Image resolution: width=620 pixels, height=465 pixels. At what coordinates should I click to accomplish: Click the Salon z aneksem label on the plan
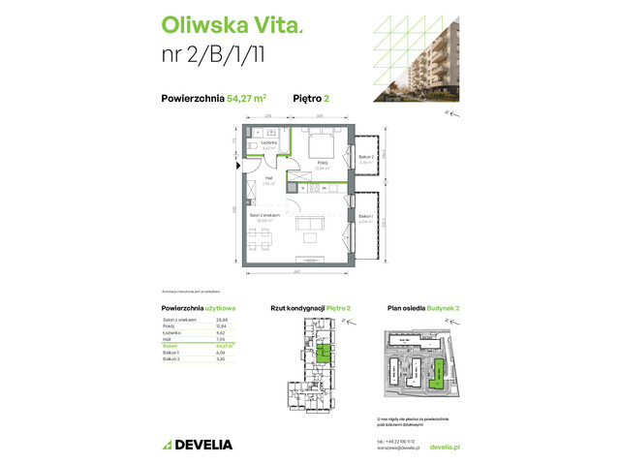click(x=263, y=216)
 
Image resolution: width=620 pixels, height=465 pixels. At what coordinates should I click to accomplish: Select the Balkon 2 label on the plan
click(x=367, y=158)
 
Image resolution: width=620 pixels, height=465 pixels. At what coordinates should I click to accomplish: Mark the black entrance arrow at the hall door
click(x=237, y=167)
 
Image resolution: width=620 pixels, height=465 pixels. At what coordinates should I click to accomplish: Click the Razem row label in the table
click(x=170, y=344)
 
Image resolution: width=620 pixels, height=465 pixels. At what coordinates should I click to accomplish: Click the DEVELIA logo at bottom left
click(x=200, y=445)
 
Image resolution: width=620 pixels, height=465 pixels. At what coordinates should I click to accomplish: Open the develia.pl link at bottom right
click(x=442, y=447)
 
